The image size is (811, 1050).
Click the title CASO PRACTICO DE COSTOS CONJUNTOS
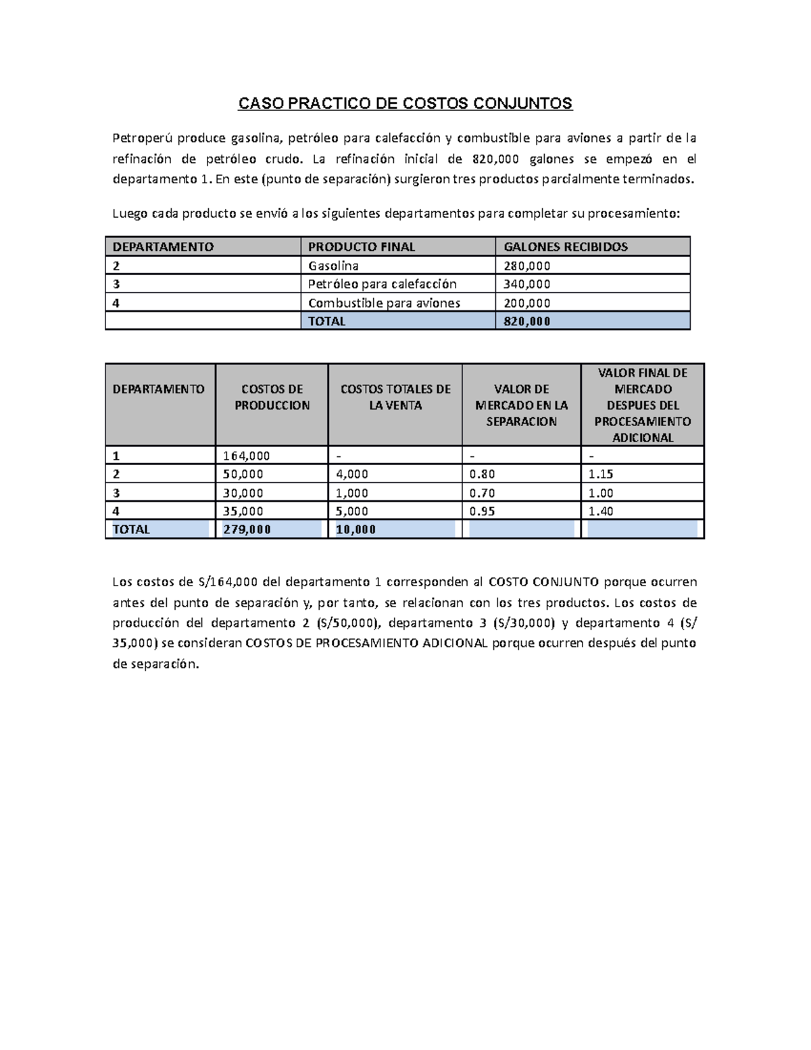click(x=405, y=103)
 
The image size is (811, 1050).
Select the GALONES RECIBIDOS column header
click(x=566, y=247)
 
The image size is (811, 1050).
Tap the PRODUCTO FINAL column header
click(x=361, y=247)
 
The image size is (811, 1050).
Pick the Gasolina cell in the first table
click(x=333, y=266)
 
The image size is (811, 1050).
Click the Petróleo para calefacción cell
click(x=382, y=284)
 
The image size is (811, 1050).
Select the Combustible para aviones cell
click(x=384, y=303)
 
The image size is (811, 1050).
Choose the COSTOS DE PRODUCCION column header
click(x=272, y=397)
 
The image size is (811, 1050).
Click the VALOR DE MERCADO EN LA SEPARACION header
click(x=521, y=405)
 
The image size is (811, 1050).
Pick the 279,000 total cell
click(x=247, y=529)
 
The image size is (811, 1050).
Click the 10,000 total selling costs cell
click(x=355, y=529)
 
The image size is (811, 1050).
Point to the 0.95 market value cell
click(x=482, y=511)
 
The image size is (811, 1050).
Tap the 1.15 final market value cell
click(x=601, y=474)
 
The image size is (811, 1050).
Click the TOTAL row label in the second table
click(x=131, y=529)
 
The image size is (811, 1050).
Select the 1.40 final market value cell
click(x=601, y=511)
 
